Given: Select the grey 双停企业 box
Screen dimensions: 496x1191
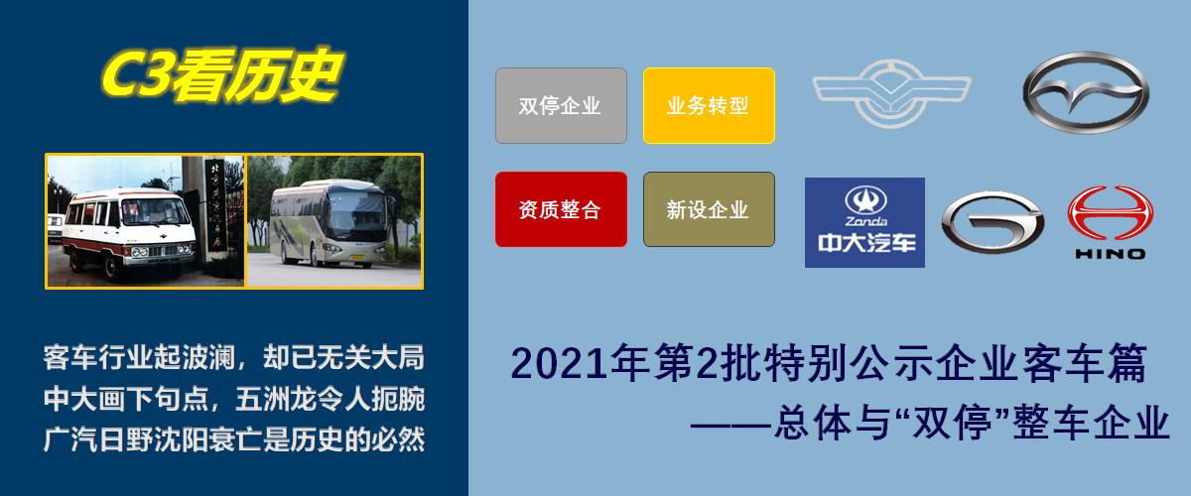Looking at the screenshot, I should (561, 105).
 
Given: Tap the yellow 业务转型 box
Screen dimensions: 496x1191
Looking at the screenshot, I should (709, 105).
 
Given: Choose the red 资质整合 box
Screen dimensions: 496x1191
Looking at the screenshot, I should (561, 209).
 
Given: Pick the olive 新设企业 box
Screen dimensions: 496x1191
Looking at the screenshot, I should (709, 209).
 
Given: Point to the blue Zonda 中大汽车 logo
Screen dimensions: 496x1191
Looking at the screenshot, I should (864, 222).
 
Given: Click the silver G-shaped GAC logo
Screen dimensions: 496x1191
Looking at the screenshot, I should (992, 220).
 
